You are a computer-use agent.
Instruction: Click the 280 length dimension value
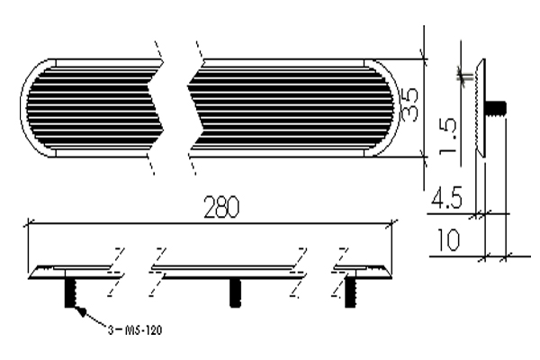pyautogui.click(x=221, y=207)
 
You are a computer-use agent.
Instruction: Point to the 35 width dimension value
pyautogui.click(x=410, y=104)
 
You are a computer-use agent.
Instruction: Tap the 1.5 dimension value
pyautogui.click(x=447, y=136)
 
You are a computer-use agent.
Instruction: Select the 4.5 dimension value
pyautogui.click(x=446, y=198)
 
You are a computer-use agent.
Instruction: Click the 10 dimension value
pyautogui.click(x=448, y=239)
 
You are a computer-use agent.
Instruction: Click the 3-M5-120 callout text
pyautogui.click(x=135, y=330)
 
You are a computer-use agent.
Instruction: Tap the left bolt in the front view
pyautogui.click(x=70, y=292)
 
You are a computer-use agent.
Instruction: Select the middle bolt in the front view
pyautogui.click(x=235, y=292)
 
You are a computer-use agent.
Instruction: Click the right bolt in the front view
pyautogui.click(x=350, y=292)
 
